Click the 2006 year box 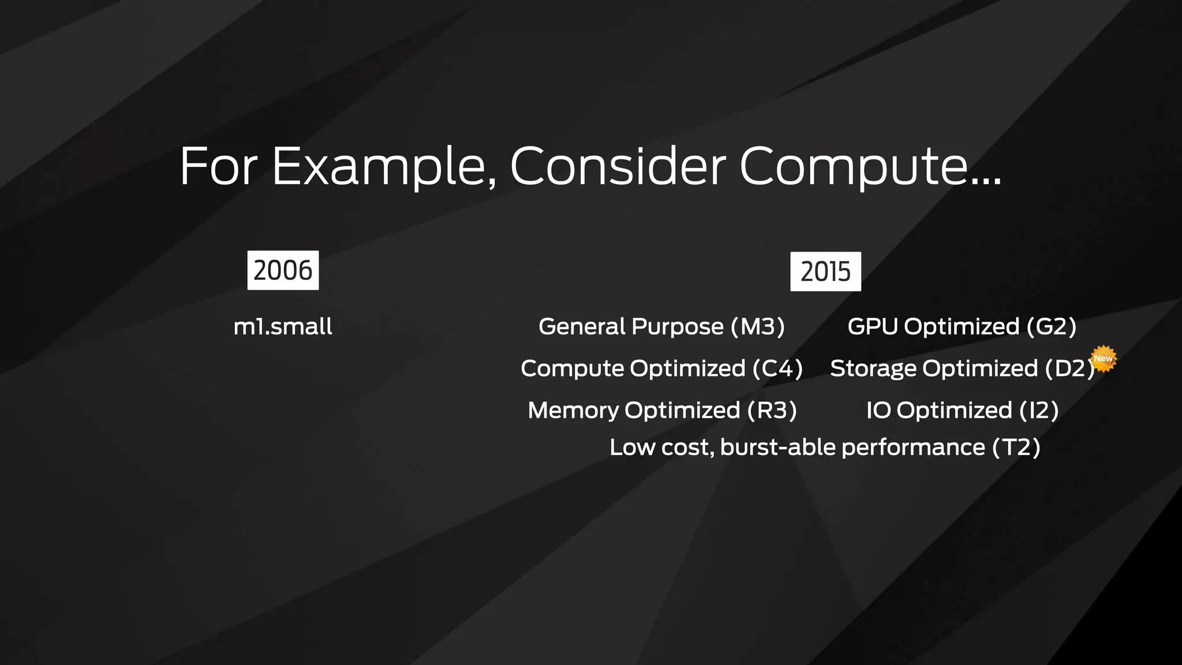(283, 270)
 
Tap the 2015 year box (825, 271)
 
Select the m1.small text (283, 327)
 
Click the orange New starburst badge (1104, 358)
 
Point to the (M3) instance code (757, 327)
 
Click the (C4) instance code (777, 369)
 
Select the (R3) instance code (772, 410)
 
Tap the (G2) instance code (1051, 327)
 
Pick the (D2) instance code (1069, 369)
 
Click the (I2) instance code (1039, 410)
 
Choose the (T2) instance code (1016, 447)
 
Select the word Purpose (678, 327)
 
